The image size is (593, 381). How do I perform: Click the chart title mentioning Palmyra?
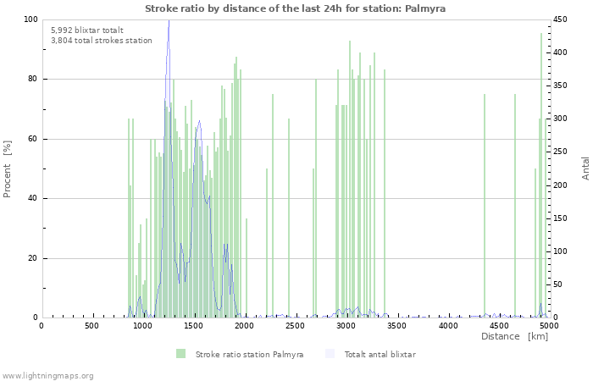pyautogui.click(x=295, y=8)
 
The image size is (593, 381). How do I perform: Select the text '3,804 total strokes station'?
pyautogui.click(x=102, y=40)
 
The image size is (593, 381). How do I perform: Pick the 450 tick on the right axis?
pyautogui.click(x=562, y=19)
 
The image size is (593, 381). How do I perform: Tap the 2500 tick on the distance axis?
pyautogui.click(x=295, y=326)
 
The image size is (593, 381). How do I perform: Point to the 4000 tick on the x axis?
pyautogui.click(x=447, y=326)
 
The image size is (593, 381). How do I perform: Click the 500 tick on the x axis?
pyautogui.click(x=91, y=326)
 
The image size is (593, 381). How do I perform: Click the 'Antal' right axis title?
pyautogui.click(x=585, y=168)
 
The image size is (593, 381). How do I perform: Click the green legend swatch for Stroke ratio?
pyautogui.click(x=180, y=354)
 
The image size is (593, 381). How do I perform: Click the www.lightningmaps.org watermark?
pyautogui.click(x=48, y=375)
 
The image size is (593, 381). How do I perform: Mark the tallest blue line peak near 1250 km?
pyautogui.click(x=169, y=22)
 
